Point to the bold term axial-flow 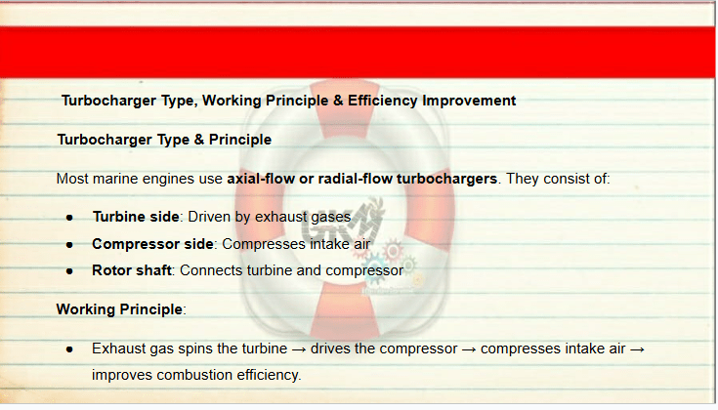point(261,179)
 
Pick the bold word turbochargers point(447,179)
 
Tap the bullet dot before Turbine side point(69,218)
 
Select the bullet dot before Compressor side point(69,245)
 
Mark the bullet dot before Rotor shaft point(69,271)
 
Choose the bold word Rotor point(110,270)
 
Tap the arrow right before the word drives point(299,349)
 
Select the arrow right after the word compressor point(469,349)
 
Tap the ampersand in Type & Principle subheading point(199,140)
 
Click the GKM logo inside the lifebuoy point(343,220)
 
